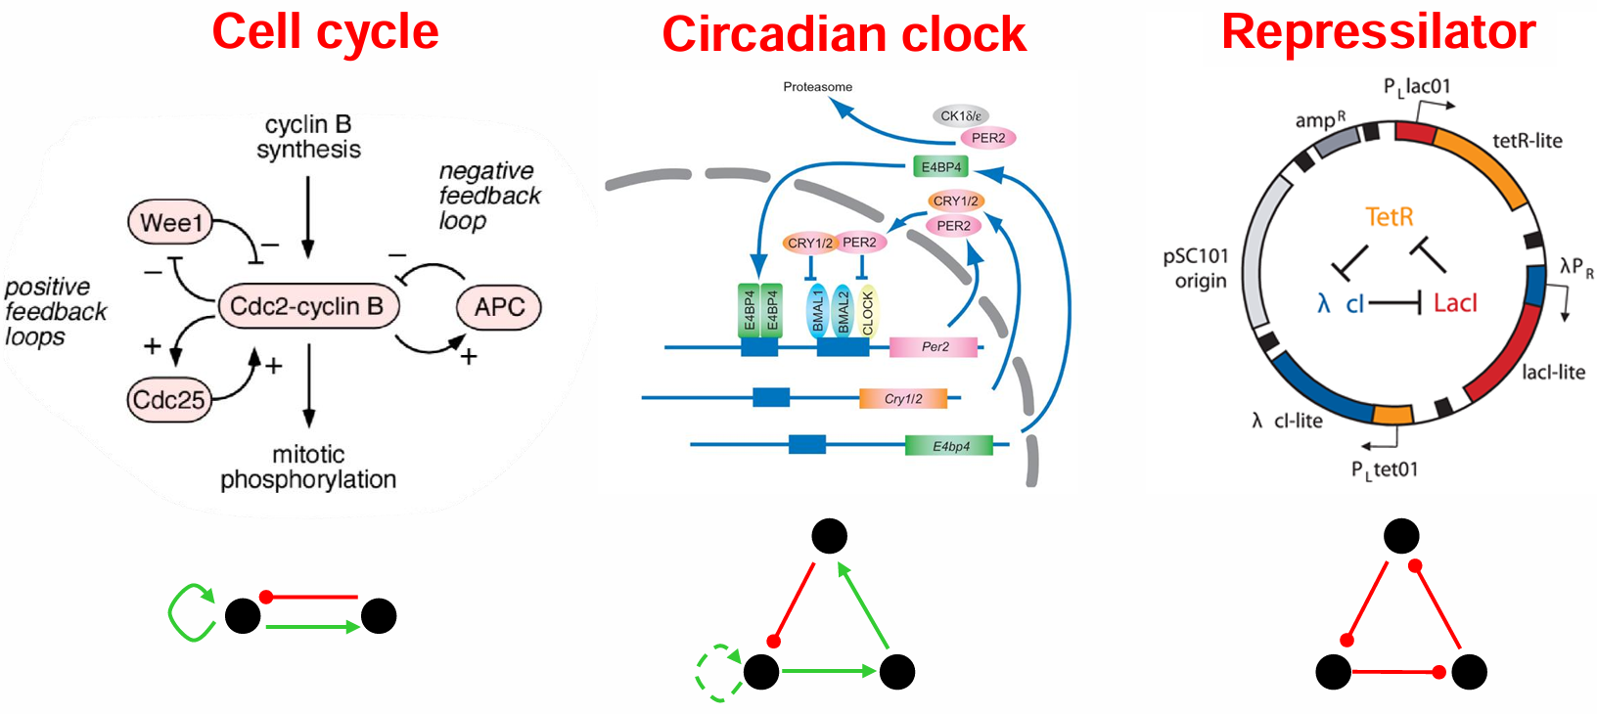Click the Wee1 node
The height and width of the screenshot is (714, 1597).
pyautogui.click(x=171, y=223)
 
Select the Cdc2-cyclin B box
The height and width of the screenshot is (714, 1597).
pyautogui.click(x=307, y=307)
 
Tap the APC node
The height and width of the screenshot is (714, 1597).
pyautogui.click(x=499, y=308)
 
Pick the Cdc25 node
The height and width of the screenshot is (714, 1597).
pyautogui.click(x=169, y=400)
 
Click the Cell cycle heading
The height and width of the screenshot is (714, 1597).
pyautogui.click(x=325, y=31)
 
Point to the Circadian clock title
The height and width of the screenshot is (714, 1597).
pyautogui.click(x=844, y=34)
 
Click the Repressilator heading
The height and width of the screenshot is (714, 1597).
pyautogui.click(x=1378, y=31)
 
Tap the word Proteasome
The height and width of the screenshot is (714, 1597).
pyautogui.click(x=817, y=87)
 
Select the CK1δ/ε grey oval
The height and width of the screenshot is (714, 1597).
pyautogui.click(x=960, y=115)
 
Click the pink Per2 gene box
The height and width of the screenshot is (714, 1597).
pyautogui.click(x=934, y=347)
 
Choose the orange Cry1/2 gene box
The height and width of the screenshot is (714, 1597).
pyautogui.click(x=903, y=399)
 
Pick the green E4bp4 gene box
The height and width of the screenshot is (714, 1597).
pyautogui.click(x=949, y=446)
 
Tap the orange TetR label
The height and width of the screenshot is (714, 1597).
pyautogui.click(x=1390, y=216)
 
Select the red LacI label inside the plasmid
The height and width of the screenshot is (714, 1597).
pyautogui.click(x=1455, y=303)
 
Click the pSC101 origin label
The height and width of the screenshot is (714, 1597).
pyautogui.click(x=1196, y=268)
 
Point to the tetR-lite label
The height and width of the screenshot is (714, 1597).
pyautogui.click(x=1527, y=141)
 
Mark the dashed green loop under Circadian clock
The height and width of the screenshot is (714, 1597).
pyautogui.click(x=717, y=672)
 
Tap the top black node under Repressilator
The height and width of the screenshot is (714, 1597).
pyautogui.click(x=1401, y=536)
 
